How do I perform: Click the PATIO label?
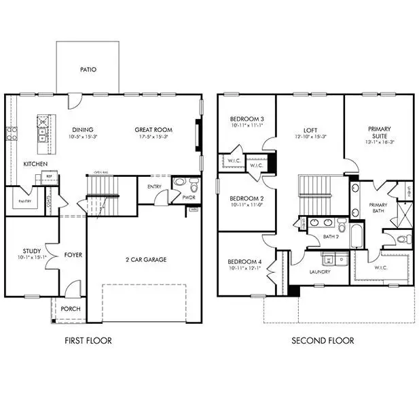[x=88, y=69]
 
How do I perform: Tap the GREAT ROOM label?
[x=153, y=130]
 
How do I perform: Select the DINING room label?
[x=82, y=130]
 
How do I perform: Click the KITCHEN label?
[x=35, y=165]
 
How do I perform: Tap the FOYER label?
[x=73, y=255]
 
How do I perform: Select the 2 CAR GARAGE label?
[x=146, y=259]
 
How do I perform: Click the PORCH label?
[x=71, y=309]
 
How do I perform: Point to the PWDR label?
[x=189, y=197]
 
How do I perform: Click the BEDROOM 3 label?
[x=247, y=119]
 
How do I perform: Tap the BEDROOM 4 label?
[x=244, y=262]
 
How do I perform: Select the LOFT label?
[x=310, y=129]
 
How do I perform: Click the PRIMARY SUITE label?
[x=379, y=132]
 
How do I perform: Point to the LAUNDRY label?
[x=319, y=272]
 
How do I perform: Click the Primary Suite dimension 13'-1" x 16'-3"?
[x=379, y=142]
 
